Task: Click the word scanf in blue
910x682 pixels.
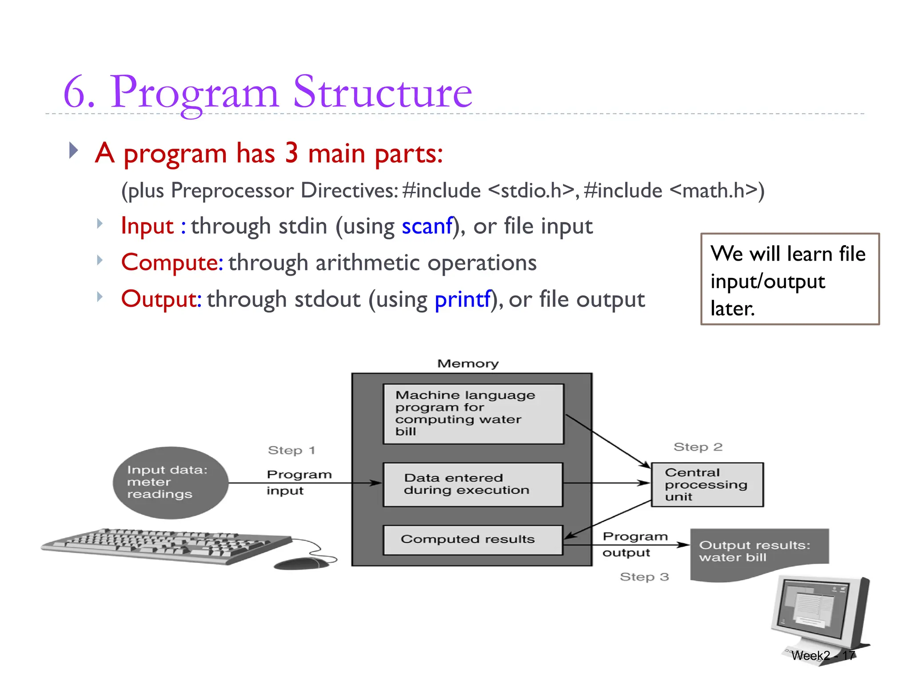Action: pyautogui.click(x=427, y=226)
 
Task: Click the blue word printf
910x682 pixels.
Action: pyautogui.click(x=463, y=299)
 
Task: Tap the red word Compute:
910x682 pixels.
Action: pyautogui.click(x=172, y=262)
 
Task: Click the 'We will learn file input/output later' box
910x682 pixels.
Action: pyautogui.click(x=790, y=279)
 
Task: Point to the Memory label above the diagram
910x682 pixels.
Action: pyautogui.click(x=468, y=364)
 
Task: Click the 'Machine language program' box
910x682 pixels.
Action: pyautogui.click(x=473, y=413)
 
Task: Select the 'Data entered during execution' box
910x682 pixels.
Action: pyautogui.click(x=473, y=484)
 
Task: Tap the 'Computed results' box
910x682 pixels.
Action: pyautogui.click(x=473, y=539)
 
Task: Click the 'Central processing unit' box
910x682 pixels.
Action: pyautogui.click(x=707, y=484)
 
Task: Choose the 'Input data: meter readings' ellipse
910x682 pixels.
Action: pyautogui.click(x=170, y=482)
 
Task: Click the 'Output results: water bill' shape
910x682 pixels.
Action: pyautogui.click(x=758, y=553)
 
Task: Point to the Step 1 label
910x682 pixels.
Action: pyautogui.click(x=291, y=450)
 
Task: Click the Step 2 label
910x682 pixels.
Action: pyautogui.click(x=698, y=447)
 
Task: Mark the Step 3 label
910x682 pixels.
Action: pyautogui.click(x=644, y=577)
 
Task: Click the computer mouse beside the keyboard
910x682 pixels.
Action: pyautogui.click(x=302, y=563)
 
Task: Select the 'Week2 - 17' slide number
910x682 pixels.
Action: pyautogui.click(x=822, y=655)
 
